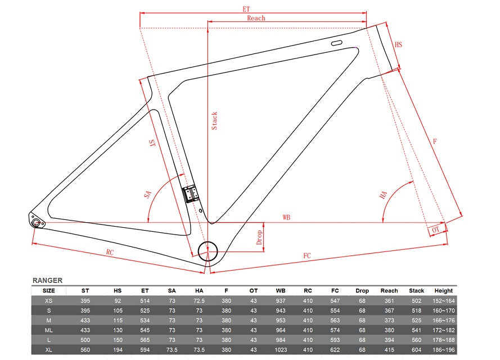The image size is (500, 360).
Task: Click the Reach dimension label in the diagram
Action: [x=256, y=18]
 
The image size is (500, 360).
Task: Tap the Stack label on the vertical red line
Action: [x=215, y=120]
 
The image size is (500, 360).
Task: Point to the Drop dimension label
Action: [x=259, y=237]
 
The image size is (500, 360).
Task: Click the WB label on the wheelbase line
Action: [x=286, y=217]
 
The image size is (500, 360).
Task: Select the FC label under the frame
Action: [x=307, y=256]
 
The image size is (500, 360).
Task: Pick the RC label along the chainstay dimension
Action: [x=110, y=252]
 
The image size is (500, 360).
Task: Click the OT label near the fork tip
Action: [x=435, y=229]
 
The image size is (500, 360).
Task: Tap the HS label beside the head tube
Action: [x=398, y=44]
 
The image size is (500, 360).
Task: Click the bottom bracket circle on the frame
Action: [x=208, y=251]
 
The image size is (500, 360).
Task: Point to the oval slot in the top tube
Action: [x=336, y=43]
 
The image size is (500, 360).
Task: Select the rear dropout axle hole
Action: [x=36, y=222]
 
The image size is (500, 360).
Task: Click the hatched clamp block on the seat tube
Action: [x=190, y=194]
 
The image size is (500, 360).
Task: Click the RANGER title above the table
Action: [x=47, y=280]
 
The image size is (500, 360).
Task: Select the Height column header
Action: [x=444, y=290]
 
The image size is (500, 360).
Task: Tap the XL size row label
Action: [x=48, y=350]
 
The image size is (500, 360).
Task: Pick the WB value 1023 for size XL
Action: [x=281, y=350]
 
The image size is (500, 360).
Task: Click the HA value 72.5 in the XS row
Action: [x=199, y=301]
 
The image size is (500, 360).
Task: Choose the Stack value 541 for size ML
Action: [x=416, y=330]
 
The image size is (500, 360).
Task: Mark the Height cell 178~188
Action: [x=444, y=340]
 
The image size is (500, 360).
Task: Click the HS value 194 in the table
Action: [x=118, y=350]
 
